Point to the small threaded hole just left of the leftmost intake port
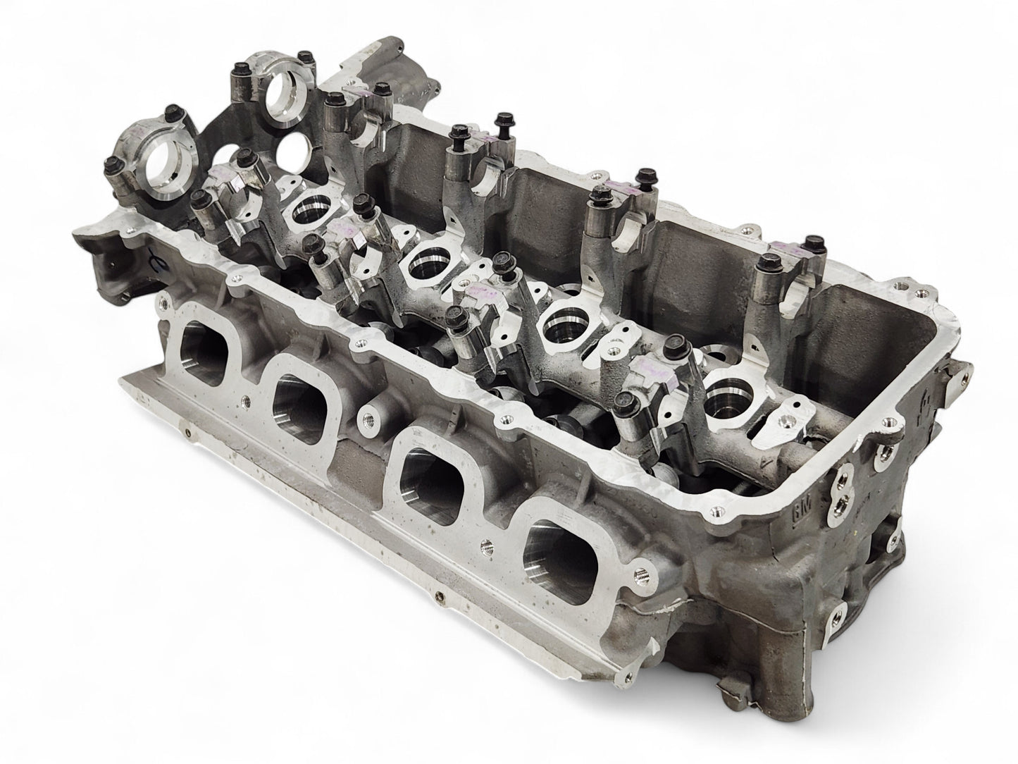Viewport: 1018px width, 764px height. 163,304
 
